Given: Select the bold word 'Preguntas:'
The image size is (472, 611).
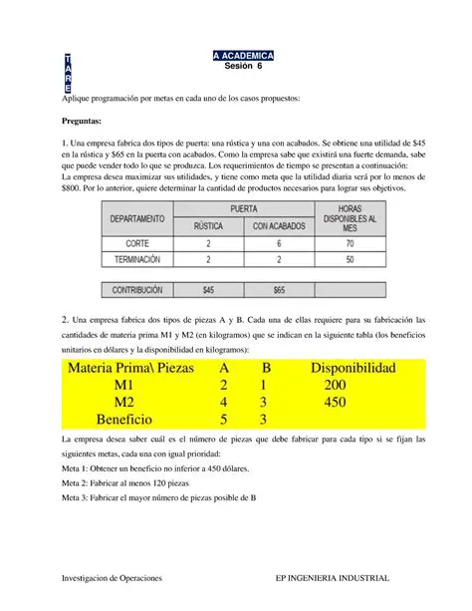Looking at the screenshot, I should click(x=86, y=120).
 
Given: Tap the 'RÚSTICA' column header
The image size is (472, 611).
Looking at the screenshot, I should click(x=209, y=225).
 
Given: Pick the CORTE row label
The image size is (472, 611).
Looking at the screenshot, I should click(x=138, y=242).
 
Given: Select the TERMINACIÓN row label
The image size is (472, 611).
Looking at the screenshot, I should click(x=138, y=259).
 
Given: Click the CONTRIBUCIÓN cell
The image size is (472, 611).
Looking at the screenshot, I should click(x=138, y=291).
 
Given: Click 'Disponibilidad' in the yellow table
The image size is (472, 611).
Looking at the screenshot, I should click(x=354, y=368).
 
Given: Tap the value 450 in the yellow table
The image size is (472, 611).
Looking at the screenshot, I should click(x=341, y=403).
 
